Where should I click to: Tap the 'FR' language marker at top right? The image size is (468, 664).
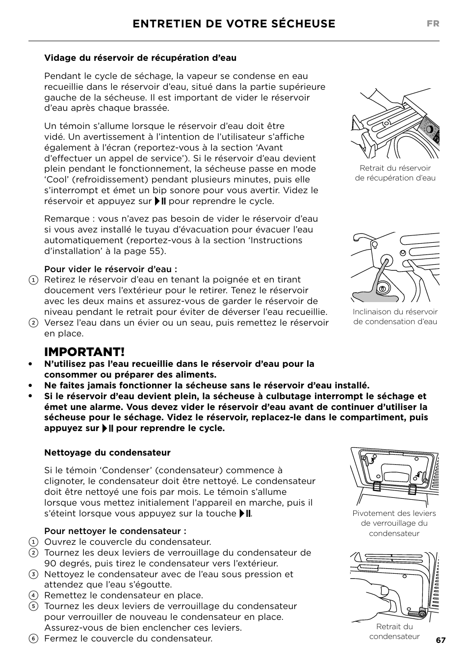pos(433,24)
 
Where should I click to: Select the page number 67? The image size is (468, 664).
pos(441,640)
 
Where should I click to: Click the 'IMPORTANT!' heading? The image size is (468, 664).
pos(84,352)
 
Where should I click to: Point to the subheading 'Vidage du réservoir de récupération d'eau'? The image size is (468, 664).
pos(140,58)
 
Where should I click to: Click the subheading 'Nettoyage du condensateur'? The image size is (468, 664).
pos(107,453)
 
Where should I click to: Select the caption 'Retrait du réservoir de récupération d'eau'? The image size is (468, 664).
pos(395,173)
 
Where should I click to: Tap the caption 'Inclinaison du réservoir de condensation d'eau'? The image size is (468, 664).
pos(395,317)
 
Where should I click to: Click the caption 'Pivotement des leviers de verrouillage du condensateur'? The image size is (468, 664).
pos(394,523)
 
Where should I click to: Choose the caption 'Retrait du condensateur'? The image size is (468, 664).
pos(394,631)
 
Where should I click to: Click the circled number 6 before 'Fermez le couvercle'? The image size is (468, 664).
pos(33,639)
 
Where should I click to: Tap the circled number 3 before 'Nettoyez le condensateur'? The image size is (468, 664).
pos(33,574)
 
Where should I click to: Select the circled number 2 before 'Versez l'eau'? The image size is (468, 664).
pos(33,323)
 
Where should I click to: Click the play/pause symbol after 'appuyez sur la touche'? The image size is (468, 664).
pos(245,513)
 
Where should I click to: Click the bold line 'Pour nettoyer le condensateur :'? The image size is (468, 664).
pos(115,531)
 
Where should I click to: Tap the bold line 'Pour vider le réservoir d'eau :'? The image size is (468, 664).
pos(110,269)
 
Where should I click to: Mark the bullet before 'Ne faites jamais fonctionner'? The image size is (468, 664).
pos(30,385)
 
